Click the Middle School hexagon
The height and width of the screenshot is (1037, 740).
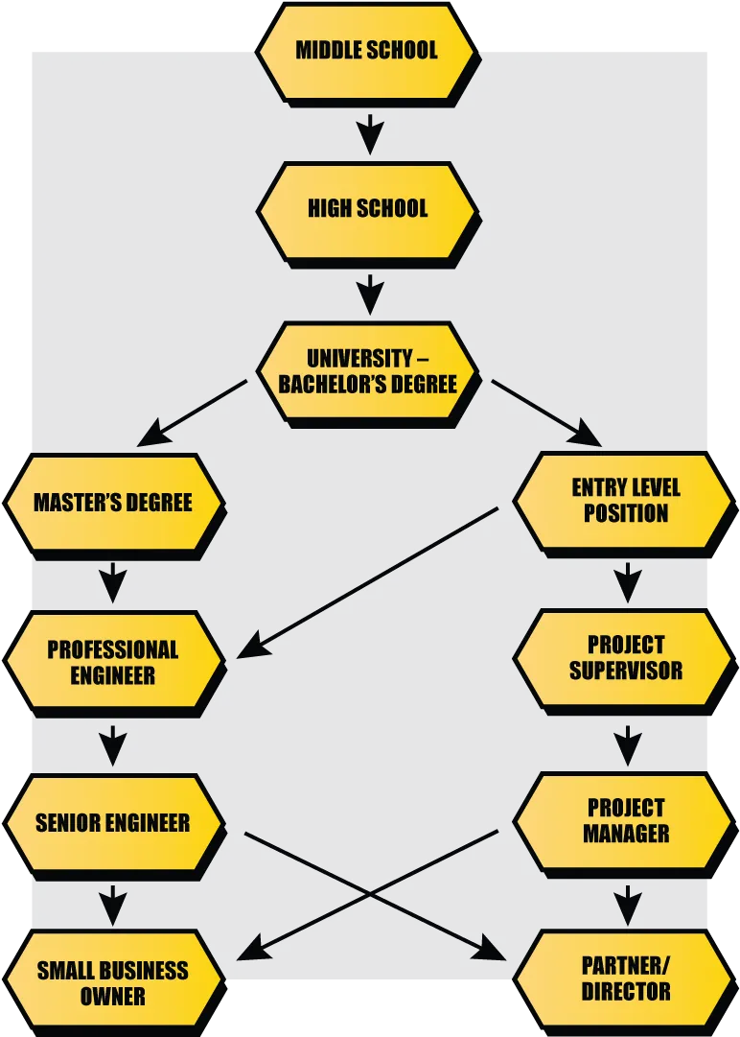(367, 53)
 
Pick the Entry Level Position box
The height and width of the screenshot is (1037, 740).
(625, 504)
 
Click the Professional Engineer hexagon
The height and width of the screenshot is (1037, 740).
(114, 663)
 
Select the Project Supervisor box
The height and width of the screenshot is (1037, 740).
(625, 661)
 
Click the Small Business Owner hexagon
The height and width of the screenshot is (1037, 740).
(114, 983)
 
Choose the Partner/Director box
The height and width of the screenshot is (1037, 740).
(625, 982)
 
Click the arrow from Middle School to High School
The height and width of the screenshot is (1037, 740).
(370, 134)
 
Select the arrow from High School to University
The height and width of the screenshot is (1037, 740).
(370, 295)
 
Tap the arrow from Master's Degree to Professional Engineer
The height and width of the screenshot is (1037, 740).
(113, 582)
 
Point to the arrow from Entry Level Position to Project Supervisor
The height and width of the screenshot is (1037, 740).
(628, 582)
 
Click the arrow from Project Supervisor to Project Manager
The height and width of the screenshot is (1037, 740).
(628, 745)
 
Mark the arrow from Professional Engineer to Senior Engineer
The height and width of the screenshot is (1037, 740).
(113, 745)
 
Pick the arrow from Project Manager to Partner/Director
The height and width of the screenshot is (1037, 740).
(628, 906)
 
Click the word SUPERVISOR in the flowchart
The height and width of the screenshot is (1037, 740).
(626, 671)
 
